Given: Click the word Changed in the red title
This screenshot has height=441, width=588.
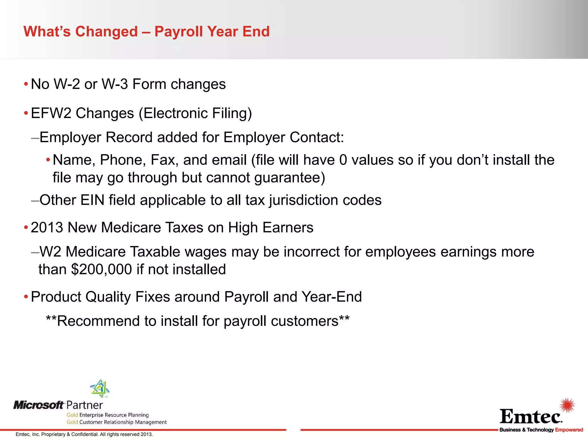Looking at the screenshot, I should [x=106, y=32].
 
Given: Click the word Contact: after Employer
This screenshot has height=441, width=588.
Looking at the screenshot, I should [x=317, y=137].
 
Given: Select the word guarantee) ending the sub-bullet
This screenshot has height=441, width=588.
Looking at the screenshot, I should [x=290, y=178].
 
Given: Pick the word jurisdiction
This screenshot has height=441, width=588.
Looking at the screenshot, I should [x=299, y=200].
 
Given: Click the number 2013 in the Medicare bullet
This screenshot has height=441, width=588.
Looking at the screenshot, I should [x=47, y=228].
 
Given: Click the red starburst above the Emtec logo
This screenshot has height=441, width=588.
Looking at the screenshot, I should [x=567, y=405].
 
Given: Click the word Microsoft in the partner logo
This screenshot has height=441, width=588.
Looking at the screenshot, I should [x=38, y=405].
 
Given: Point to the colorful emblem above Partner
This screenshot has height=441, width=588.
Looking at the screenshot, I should [x=100, y=388].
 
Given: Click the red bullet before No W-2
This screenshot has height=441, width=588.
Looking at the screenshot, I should [x=26, y=84].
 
